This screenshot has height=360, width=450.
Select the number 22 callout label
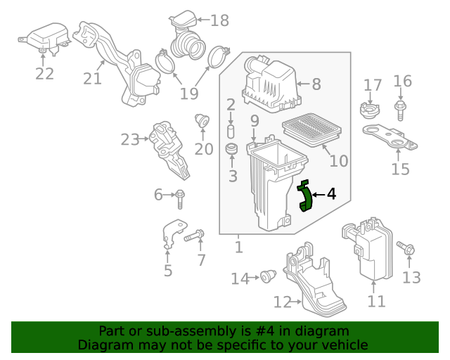44,74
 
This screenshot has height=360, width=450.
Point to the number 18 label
219,20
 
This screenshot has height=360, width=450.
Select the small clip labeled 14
267,277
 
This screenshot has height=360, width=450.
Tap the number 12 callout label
282,302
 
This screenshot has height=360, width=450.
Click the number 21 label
92,78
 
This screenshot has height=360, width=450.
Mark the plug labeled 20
202,120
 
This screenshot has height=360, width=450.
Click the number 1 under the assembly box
238,247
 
